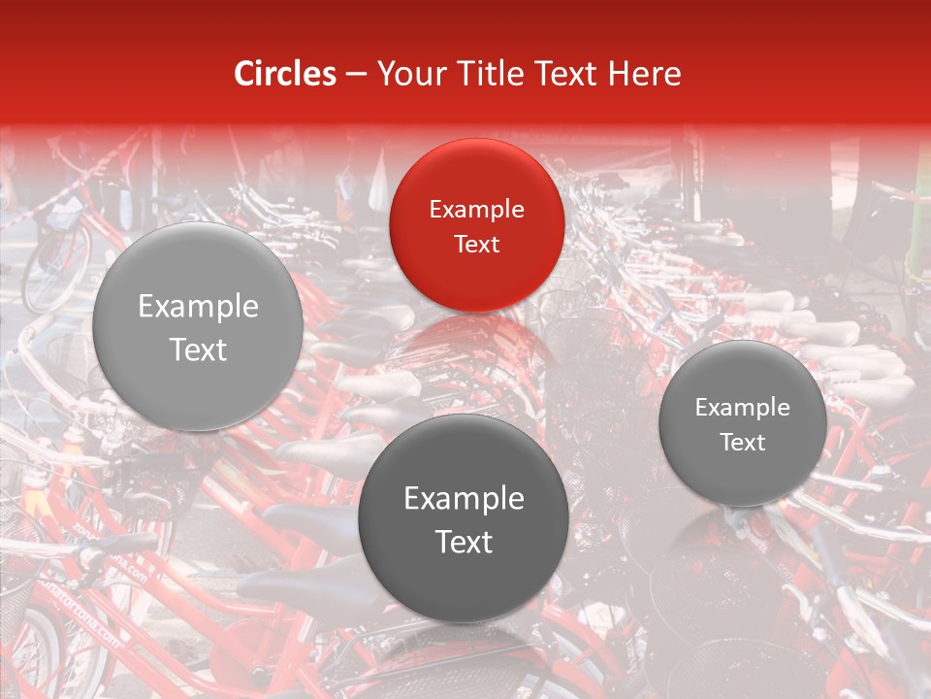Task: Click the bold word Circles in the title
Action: (285, 74)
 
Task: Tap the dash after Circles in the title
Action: (356, 75)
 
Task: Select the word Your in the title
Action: (407, 74)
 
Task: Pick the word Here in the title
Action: (645, 74)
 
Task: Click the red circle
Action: (476, 225)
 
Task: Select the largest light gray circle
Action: (198, 326)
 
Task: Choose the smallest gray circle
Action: (742, 423)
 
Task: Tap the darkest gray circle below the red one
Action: (464, 518)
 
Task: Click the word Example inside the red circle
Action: (476, 209)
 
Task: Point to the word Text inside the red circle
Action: (476, 244)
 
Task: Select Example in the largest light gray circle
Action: (198, 307)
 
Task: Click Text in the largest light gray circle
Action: (198, 349)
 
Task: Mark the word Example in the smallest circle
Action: (742, 408)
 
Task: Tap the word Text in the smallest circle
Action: (742, 443)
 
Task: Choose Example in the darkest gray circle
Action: (464, 499)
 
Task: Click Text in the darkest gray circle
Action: (464, 542)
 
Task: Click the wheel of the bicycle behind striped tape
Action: (53, 267)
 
